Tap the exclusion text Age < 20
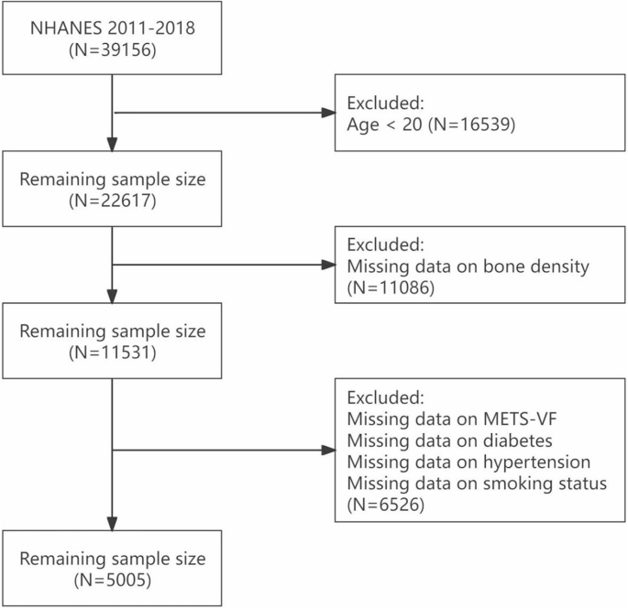380,124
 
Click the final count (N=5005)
112,580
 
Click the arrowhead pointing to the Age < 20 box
328,114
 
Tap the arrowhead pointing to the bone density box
328,266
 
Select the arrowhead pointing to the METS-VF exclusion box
328,451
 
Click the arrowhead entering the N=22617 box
112,146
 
